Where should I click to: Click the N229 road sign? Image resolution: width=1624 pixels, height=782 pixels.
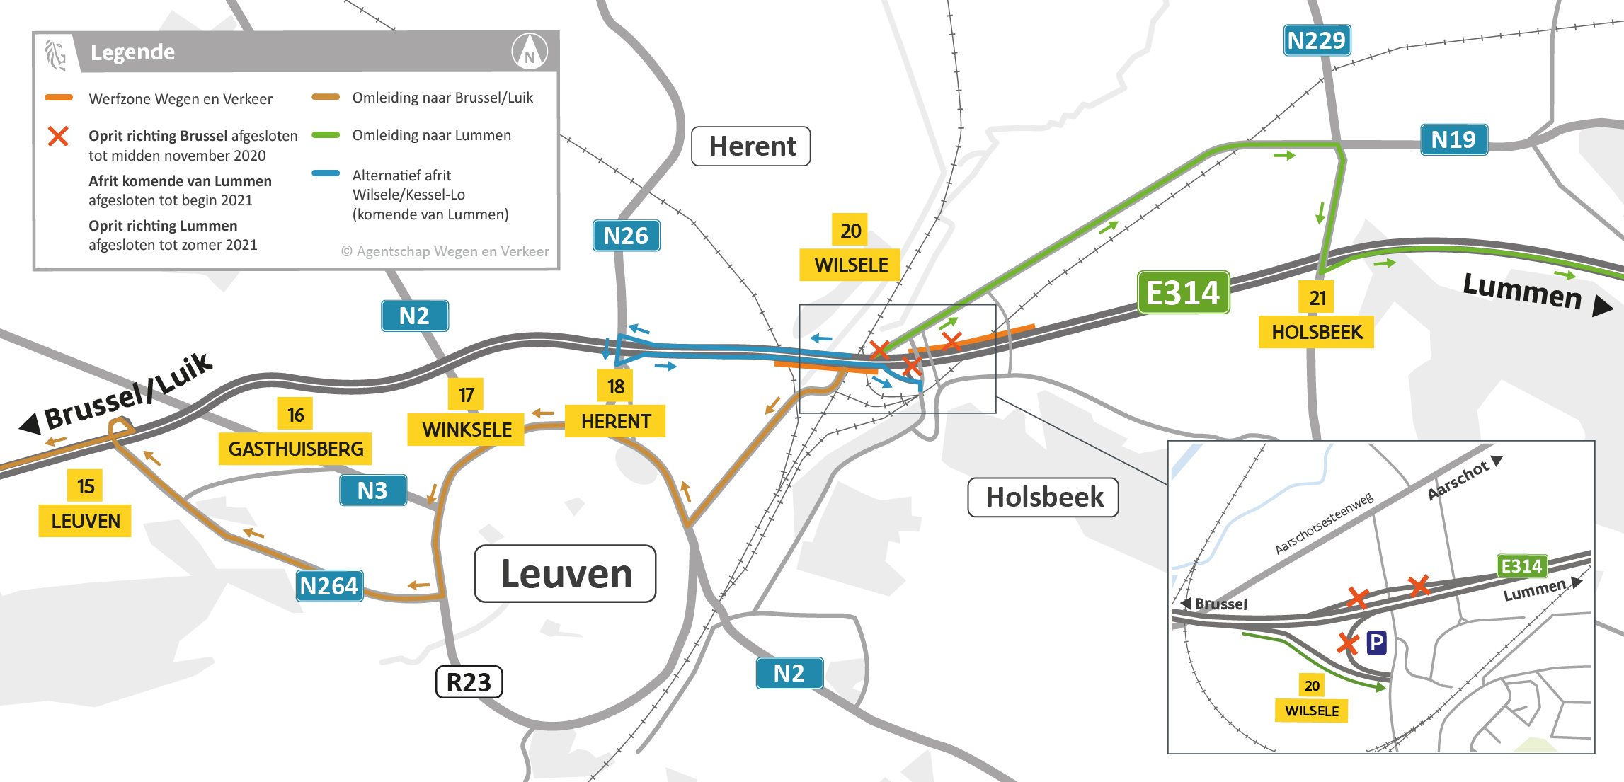click(x=1316, y=40)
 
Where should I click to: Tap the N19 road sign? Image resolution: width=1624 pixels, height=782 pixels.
click(x=1453, y=139)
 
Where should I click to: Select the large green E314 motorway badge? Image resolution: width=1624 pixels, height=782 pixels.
click(x=1183, y=292)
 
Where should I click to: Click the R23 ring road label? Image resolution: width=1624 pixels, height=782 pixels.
click(x=469, y=682)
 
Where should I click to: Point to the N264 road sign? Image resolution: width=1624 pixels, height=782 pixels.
click(x=329, y=586)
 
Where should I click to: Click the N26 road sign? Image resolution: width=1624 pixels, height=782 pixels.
click(x=626, y=236)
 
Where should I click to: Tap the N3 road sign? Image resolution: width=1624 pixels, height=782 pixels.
click(x=372, y=490)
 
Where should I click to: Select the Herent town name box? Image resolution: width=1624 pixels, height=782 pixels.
click(x=751, y=146)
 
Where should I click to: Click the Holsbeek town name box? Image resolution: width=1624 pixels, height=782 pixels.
click(x=1043, y=498)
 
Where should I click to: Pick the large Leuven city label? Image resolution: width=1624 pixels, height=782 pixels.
click(x=566, y=574)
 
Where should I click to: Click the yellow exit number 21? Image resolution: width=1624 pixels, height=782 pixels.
click(x=1317, y=298)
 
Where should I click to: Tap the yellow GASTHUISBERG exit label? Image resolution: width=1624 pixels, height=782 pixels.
click(x=295, y=449)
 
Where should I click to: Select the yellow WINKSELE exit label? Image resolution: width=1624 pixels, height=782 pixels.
click(x=467, y=430)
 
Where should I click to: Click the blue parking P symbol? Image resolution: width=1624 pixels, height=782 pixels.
click(x=1376, y=643)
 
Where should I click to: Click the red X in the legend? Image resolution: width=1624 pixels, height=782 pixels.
click(x=58, y=136)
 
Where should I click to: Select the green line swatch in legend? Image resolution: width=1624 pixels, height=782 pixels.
click(x=326, y=135)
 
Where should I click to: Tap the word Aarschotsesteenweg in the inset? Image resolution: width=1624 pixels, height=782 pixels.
click(x=1324, y=524)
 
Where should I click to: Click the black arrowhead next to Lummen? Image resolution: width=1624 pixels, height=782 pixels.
click(x=1602, y=306)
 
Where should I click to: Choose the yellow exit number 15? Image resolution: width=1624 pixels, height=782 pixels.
click(x=86, y=486)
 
